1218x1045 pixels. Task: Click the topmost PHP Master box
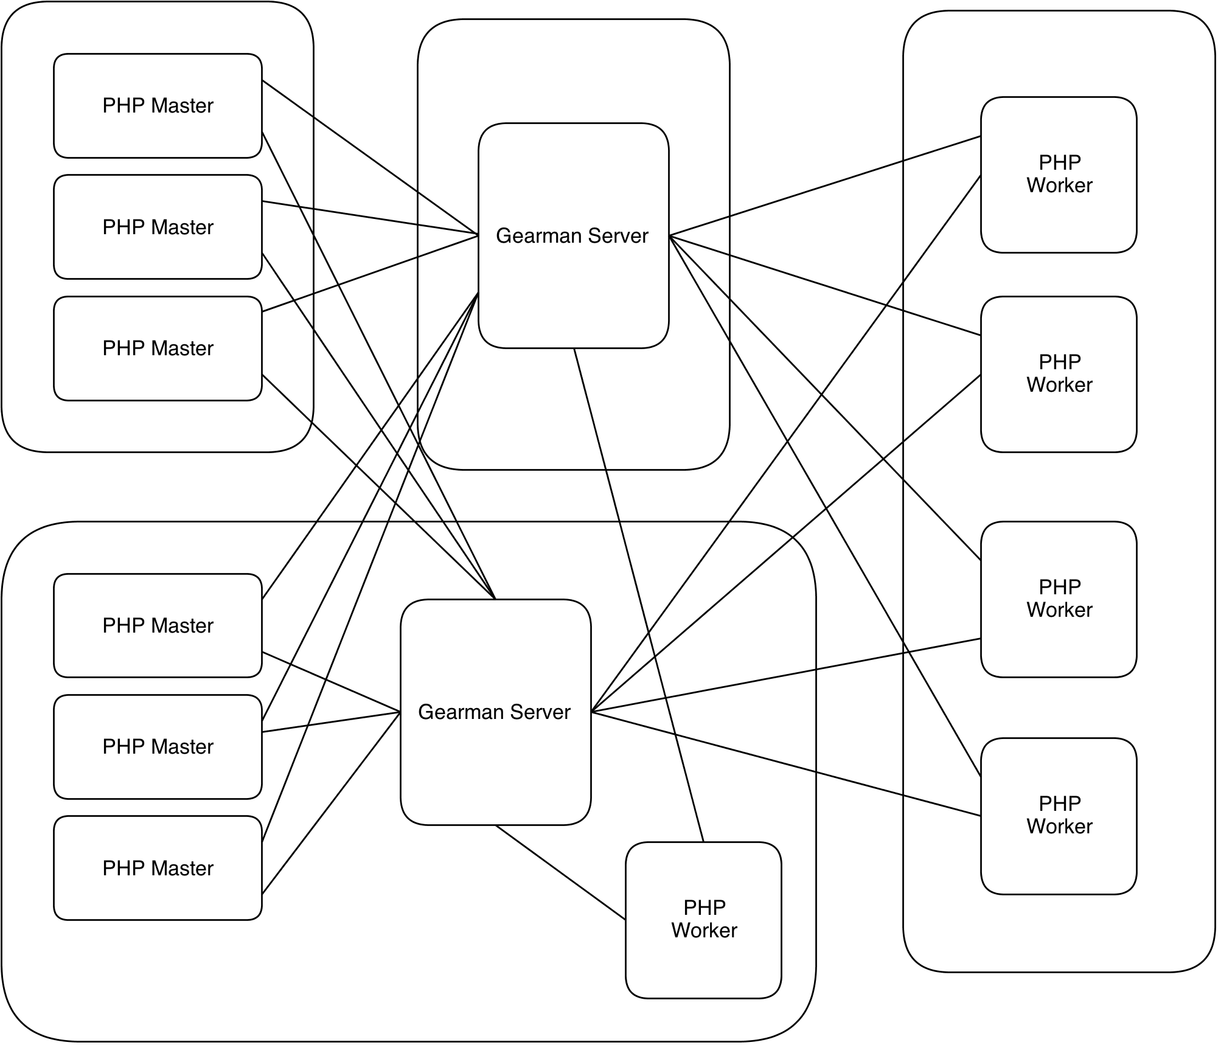click(158, 105)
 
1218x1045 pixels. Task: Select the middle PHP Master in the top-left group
click(158, 227)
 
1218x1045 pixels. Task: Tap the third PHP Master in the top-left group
click(158, 348)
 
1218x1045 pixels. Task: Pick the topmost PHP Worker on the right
click(1059, 174)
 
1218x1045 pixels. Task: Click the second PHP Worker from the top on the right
click(1059, 373)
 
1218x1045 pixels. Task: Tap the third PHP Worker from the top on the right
click(1059, 599)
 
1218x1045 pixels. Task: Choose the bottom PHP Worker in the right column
click(1059, 815)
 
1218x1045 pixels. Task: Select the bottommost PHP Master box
click(158, 868)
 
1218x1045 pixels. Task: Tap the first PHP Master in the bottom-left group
click(158, 625)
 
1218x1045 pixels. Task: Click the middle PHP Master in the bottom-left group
click(158, 746)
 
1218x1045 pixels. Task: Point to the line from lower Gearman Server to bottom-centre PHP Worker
click(560, 872)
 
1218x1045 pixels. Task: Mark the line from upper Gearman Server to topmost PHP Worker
click(824, 186)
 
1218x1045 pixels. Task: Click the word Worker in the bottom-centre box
click(704, 930)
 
